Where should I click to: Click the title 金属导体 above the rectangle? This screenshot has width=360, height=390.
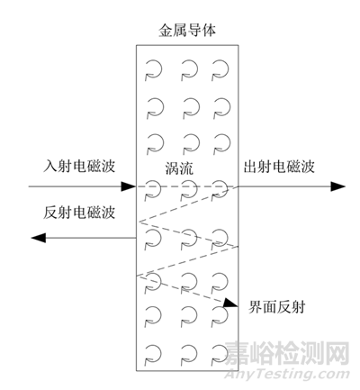pyautogui.click(x=187, y=30)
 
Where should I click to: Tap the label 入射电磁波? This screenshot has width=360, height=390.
pyautogui.click(x=79, y=166)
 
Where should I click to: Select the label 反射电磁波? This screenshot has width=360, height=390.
pyautogui.click(x=79, y=213)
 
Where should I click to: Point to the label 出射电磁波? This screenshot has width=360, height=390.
pyautogui.click(x=279, y=167)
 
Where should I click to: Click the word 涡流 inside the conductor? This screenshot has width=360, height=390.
pyautogui.click(x=179, y=168)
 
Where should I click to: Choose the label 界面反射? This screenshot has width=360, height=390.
pyautogui.click(x=276, y=307)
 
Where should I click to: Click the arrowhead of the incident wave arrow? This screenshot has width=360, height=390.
pyautogui.click(x=129, y=186)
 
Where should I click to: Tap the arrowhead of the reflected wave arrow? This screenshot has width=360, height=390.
pyautogui.click(x=39, y=238)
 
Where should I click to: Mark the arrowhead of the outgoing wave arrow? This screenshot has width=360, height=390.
pyautogui.click(x=338, y=186)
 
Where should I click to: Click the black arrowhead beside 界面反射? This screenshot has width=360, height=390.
pyautogui.click(x=231, y=303)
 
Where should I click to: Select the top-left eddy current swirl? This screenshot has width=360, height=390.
pyautogui.click(x=154, y=70)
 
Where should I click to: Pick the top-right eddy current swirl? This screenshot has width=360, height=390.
pyautogui.click(x=220, y=70)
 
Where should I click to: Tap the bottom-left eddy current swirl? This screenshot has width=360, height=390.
pyautogui.click(x=153, y=354)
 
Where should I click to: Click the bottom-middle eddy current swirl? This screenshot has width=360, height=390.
pyautogui.click(x=189, y=354)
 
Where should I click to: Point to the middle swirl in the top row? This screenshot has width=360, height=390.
pyautogui.click(x=189, y=70)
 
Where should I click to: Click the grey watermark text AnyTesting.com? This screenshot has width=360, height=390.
pyautogui.click(x=287, y=375)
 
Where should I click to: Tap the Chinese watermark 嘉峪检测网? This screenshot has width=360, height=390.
pyautogui.click(x=287, y=353)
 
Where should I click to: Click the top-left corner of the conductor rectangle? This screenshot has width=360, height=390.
pyautogui.click(x=137, y=45)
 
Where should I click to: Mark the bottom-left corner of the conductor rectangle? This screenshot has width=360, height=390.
pyautogui.click(x=137, y=371)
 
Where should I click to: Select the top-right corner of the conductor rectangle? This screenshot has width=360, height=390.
pyautogui.click(x=238, y=45)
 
